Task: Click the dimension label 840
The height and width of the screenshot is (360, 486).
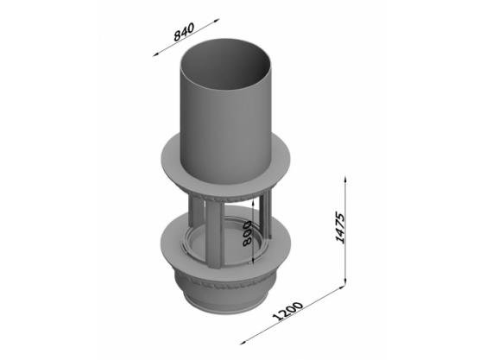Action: click(184, 32)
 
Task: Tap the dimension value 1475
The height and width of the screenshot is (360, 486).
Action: click(340, 227)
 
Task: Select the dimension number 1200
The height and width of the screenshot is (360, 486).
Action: click(287, 311)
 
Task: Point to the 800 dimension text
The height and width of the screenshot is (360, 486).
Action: click(247, 233)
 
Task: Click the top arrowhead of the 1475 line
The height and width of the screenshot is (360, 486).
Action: click(345, 179)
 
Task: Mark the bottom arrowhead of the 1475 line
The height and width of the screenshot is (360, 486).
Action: click(345, 281)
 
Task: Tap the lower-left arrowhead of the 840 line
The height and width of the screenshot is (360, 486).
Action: click(155, 54)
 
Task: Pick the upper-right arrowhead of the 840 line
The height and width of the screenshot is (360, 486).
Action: click(217, 20)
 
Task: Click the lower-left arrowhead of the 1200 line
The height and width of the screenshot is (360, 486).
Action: click(243, 343)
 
